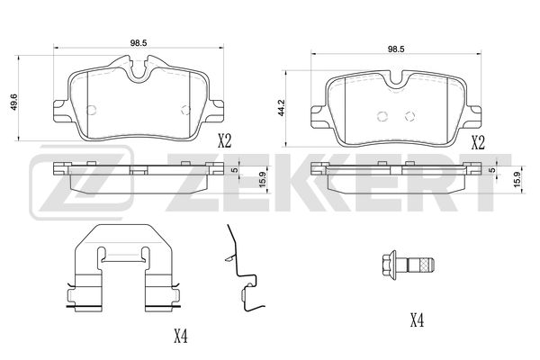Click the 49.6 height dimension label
click(13, 103)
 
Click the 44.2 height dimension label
click(282, 107)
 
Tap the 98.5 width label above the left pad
click(139, 42)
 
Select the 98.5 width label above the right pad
click(396, 49)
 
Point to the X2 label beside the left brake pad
click(224, 140)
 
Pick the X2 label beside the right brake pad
click(478, 142)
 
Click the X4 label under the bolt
click(417, 320)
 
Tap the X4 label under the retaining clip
click(181, 336)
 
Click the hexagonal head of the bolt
click(390, 265)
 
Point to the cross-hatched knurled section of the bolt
click(426, 265)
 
